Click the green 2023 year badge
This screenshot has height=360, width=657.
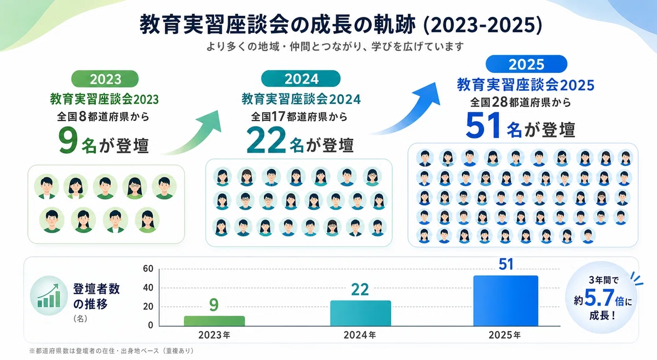point(105,79)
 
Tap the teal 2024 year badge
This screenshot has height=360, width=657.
point(301,79)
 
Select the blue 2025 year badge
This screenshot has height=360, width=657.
point(526,64)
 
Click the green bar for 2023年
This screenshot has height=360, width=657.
point(215,321)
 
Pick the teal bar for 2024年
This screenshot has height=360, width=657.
point(360,313)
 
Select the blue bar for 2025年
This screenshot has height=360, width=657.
point(506,301)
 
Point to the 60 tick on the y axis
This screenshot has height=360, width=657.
point(148,269)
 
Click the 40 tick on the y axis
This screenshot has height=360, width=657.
point(148,288)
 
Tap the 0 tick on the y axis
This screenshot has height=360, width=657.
point(151,325)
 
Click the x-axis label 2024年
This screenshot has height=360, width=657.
point(360,335)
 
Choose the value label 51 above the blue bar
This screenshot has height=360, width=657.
point(506,264)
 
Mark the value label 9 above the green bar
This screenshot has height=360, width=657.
point(214,305)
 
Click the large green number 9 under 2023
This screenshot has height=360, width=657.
point(68,141)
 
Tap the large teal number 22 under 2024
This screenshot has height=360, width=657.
point(266,140)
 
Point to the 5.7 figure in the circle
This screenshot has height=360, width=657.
point(599,298)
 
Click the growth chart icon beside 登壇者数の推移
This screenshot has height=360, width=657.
point(49,295)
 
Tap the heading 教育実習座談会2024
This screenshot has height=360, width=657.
point(301,99)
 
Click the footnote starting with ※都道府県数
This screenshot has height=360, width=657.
point(112,351)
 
